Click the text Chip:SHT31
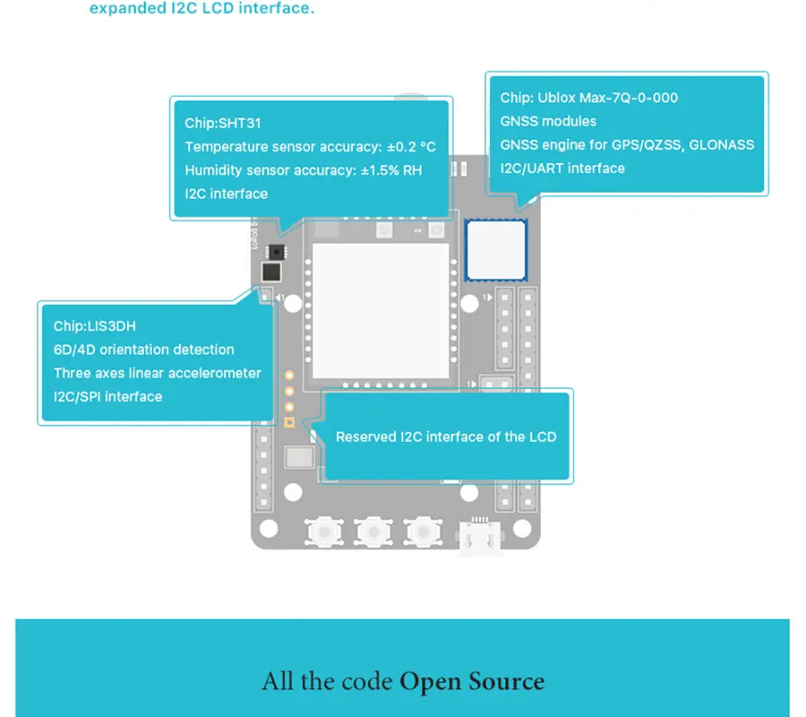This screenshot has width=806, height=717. click(x=223, y=124)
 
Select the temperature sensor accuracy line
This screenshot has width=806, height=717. click(x=311, y=147)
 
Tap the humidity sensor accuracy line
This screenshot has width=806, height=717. click(x=304, y=170)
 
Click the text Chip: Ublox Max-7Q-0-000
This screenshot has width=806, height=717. click(x=589, y=98)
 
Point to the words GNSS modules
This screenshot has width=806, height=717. click(x=548, y=121)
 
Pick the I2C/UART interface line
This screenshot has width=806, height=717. click(x=562, y=168)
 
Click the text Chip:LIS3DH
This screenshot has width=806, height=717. click(x=95, y=326)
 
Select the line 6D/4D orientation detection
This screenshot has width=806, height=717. click(x=144, y=350)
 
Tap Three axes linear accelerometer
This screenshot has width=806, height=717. click(x=158, y=373)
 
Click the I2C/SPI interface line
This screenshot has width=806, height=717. click(x=108, y=396)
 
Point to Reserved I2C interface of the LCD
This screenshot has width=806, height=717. click(x=446, y=436)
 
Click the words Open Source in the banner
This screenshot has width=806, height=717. click(x=472, y=681)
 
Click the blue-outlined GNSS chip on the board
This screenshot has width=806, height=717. click(x=495, y=250)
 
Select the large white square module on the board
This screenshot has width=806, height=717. click(x=381, y=311)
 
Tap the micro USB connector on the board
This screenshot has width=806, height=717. click(x=480, y=537)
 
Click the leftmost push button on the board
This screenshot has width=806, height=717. click(x=324, y=531)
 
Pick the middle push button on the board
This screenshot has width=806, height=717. click(x=373, y=531)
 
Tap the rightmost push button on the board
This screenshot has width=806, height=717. click(x=423, y=531)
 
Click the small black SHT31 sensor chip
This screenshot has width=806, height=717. click(x=277, y=252)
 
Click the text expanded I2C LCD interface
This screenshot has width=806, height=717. click(x=201, y=8)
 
